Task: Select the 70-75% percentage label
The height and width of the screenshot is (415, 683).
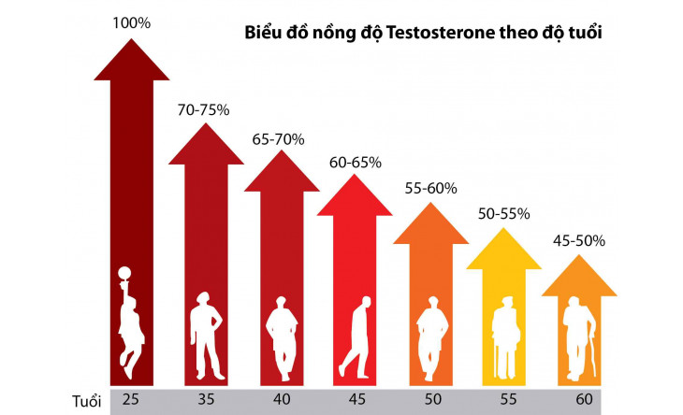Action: (204, 109)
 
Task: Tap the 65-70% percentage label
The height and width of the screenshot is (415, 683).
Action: (278, 139)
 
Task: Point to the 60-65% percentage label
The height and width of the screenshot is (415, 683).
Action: (355, 162)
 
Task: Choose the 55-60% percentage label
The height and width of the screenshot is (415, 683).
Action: (431, 188)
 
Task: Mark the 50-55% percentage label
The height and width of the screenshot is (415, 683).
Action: (504, 214)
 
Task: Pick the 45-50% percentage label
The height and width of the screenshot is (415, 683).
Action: (579, 240)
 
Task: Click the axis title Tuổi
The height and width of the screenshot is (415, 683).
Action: (87, 401)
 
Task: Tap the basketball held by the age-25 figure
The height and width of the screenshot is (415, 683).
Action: (124, 274)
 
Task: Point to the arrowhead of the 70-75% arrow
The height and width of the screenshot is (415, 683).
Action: (205, 150)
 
